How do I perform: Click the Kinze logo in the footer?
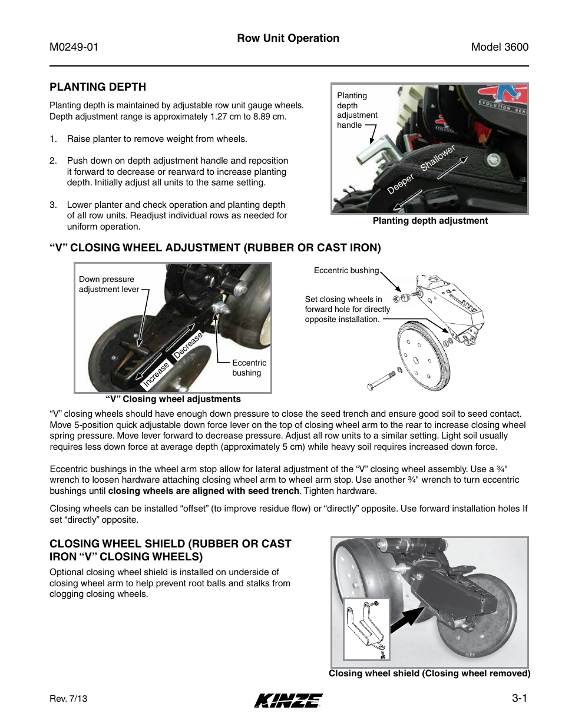tap(288, 700)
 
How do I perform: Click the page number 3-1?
tap(519, 698)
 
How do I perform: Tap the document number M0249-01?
tap(74, 47)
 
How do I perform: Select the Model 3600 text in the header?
tap(500, 47)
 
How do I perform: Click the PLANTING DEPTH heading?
tap(98, 87)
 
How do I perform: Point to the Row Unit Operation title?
tap(288, 38)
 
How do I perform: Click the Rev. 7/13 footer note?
tap(68, 699)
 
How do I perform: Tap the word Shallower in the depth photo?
tap(438, 158)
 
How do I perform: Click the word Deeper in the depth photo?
tap(401, 184)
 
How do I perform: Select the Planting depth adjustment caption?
tap(430, 221)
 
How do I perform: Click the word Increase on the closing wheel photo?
tap(156, 374)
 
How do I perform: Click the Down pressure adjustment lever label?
tap(109, 284)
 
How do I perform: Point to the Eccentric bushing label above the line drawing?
tap(346, 270)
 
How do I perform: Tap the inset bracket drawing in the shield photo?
tap(366, 629)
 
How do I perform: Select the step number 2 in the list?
tap(53, 161)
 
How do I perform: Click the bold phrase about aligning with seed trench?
tap(204, 491)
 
